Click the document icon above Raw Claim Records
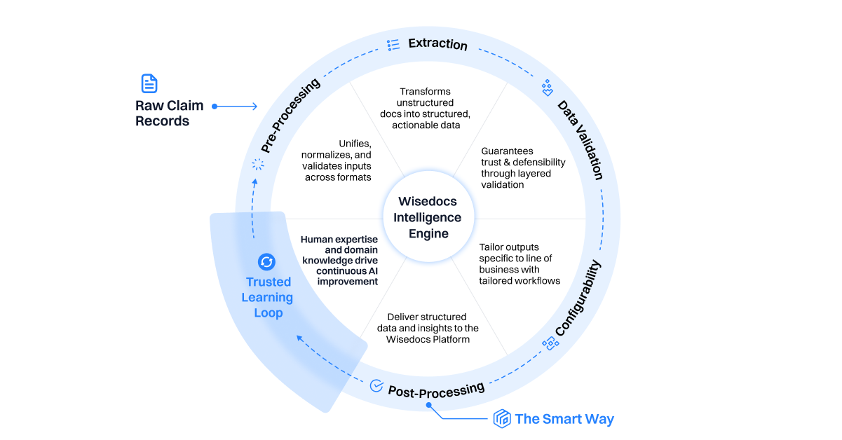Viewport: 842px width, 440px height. [149, 83]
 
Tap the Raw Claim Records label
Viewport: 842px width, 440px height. [169, 114]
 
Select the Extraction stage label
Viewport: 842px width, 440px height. [437, 44]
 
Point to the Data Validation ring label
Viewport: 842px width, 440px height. [580, 140]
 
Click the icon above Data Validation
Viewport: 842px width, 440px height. [548, 88]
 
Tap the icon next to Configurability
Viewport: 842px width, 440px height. [550, 343]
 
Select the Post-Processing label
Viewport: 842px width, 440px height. [436, 389]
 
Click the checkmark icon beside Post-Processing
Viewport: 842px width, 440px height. [376, 385]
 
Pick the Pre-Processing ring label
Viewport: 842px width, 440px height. [290, 115]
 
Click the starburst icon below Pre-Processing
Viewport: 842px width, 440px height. [258, 165]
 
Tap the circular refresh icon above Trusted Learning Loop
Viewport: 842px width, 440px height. [266, 262]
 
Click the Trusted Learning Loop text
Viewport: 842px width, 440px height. [268, 297]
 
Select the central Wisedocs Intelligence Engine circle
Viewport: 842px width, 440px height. [429, 217]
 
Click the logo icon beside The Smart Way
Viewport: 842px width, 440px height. [501, 419]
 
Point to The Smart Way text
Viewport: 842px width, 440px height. [564, 419]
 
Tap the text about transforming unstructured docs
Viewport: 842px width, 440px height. [425, 108]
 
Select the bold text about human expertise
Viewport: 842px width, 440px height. [339, 260]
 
